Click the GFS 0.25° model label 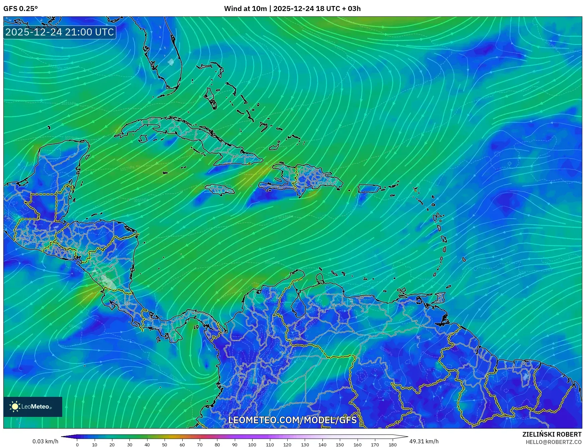(x=20, y=9)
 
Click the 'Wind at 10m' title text (x=246, y=9)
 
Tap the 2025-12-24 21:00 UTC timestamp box (x=60, y=32)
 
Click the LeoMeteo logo (x=33, y=407)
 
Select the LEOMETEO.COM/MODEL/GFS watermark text (x=292, y=420)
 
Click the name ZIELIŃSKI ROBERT (x=552, y=434)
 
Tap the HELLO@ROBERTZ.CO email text (x=554, y=442)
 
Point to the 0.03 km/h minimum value (x=45, y=441)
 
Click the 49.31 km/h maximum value (x=424, y=441)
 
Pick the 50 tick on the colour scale (x=165, y=444)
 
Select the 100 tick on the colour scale (x=252, y=444)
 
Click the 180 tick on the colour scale (x=392, y=444)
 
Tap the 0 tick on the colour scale (x=77, y=444)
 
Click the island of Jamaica (x=220, y=190)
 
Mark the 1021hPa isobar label (x=68, y=103)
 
